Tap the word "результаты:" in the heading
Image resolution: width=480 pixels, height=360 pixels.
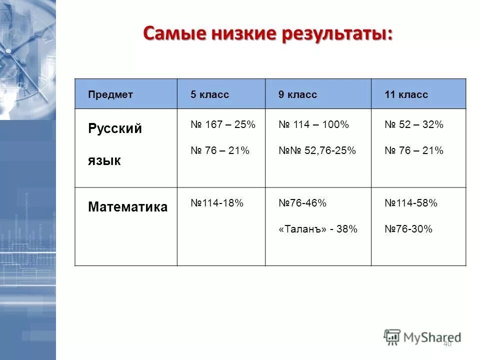click(x=340, y=34)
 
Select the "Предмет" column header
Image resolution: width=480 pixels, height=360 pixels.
click(x=110, y=94)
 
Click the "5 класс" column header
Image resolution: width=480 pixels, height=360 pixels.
click(x=209, y=94)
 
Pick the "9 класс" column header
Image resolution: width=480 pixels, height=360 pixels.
click(x=297, y=94)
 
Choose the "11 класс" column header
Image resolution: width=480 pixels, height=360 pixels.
click(x=406, y=94)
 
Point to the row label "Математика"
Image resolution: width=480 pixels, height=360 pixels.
click(x=127, y=207)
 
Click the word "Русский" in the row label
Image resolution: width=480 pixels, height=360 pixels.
click(x=115, y=128)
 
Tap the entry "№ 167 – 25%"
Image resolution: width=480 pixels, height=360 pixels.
click(x=222, y=125)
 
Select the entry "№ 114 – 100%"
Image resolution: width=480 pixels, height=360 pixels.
click(x=313, y=125)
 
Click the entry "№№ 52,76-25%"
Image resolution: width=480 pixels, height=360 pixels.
click(x=317, y=150)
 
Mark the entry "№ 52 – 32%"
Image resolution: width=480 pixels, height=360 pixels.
click(x=413, y=125)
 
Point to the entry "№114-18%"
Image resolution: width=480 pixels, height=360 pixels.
click(x=216, y=203)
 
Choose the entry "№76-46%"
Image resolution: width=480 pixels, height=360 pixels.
click(x=302, y=203)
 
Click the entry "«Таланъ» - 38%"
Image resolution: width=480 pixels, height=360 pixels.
click(x=318, y=229)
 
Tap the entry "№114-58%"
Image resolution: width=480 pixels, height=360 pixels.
click(x=410, y=203)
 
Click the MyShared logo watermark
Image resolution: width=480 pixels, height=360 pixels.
click(x=422, y=336)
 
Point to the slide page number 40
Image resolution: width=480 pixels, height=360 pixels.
click(x=447, y=343)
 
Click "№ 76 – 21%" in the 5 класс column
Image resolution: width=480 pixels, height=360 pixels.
click(x=219, y=150)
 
